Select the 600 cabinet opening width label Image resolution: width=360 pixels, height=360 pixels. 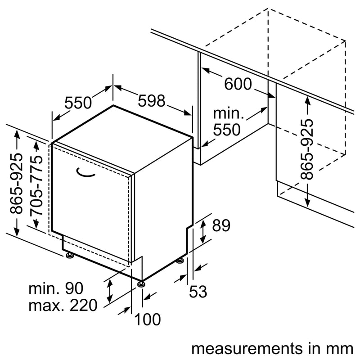click(238, 84)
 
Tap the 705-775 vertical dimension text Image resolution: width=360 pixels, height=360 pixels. click(38, 185)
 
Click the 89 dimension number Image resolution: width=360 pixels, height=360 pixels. click(220, 225)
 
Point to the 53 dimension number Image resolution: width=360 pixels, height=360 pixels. click(198, 292)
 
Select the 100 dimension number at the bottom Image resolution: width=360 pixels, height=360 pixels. click(147, 320)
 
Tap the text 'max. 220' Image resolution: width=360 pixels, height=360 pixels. click(63, 306)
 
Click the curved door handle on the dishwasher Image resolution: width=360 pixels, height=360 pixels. click(85, 172)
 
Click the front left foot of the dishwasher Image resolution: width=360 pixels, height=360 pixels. click(70, 256)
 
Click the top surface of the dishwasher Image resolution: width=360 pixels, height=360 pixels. click(121, 135)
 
